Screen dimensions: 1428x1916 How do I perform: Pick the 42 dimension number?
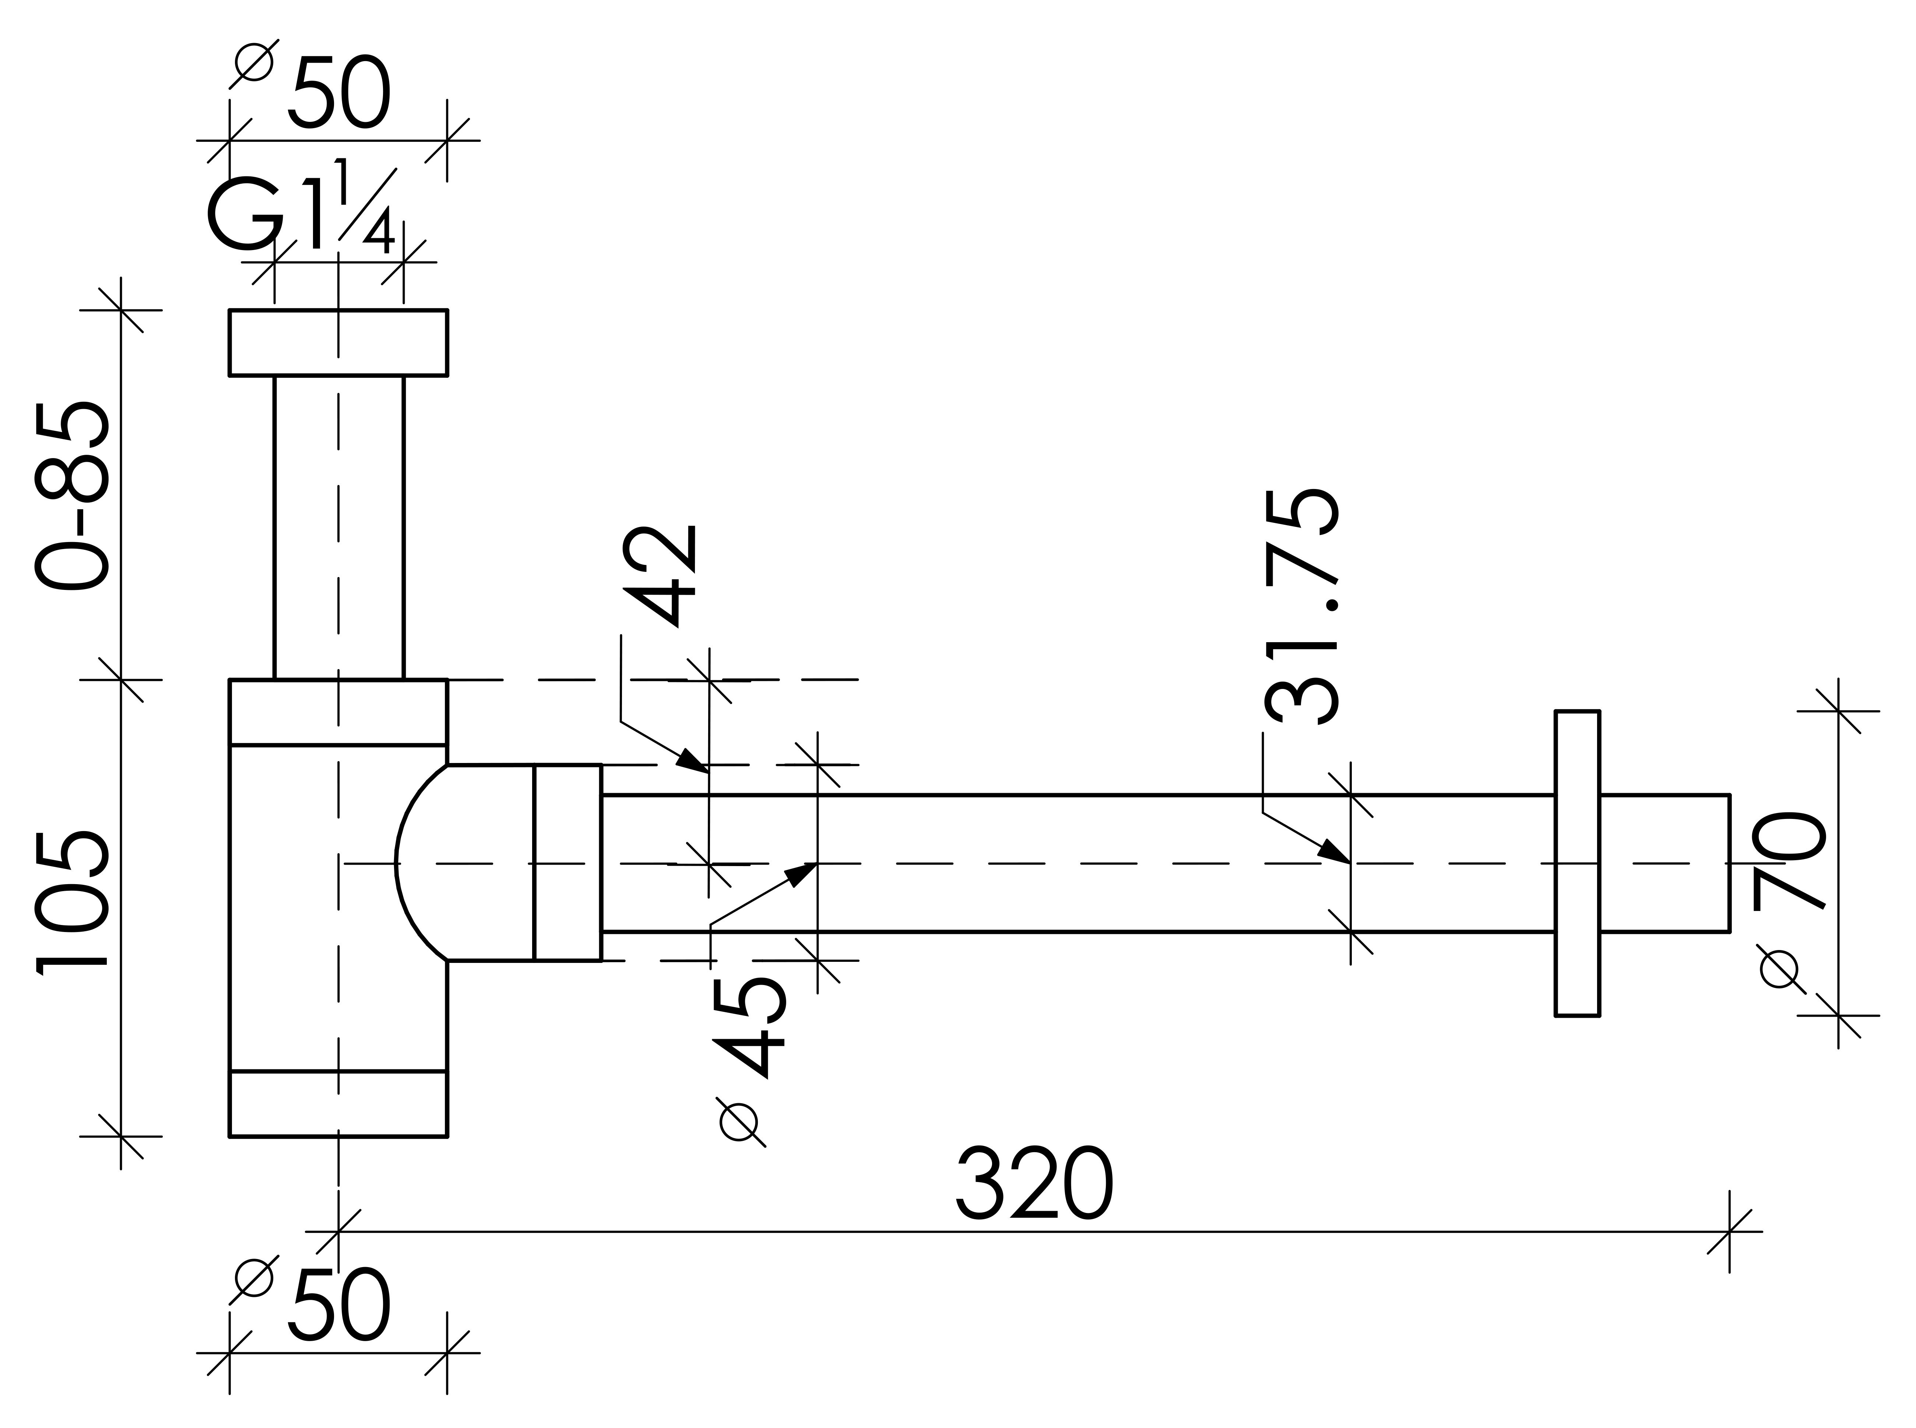coord(661,576)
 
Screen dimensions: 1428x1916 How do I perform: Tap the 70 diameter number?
coord(1789,860)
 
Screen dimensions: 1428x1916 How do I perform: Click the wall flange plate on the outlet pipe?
coord(1577,863)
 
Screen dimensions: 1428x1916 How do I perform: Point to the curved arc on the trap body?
coord(406,863)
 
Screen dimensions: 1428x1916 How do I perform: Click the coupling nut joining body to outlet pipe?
coord(567,863)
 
